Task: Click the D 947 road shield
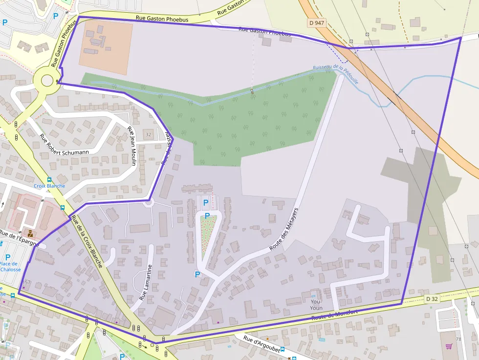317,23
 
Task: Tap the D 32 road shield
432,298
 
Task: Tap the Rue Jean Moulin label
131,146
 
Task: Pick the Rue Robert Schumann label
64,145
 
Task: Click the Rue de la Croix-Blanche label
87,241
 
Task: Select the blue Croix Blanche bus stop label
49,186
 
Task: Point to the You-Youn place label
316,305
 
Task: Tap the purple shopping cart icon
449,346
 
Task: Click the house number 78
458,339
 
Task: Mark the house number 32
148,134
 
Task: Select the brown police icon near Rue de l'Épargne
30,232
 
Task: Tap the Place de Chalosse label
10,267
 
